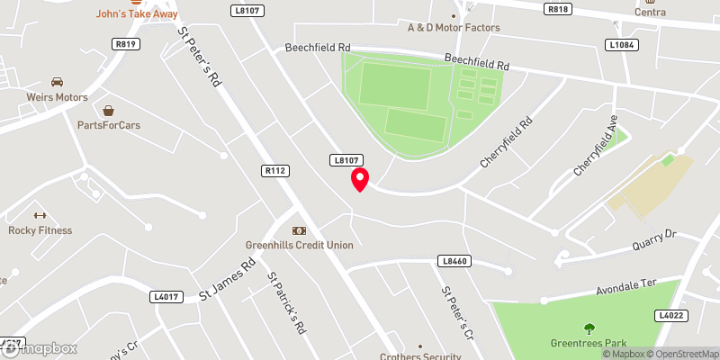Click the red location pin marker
tap(360, 179)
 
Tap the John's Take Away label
tap(137, 14)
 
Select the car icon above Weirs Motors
tap(58, 82)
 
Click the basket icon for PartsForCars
tap(109, 111)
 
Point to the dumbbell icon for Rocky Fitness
tap(39, 215)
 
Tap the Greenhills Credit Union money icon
tap(299, 230)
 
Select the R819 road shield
tap(124, 43)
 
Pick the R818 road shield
tap(558, 8)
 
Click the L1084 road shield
tap(621, 44)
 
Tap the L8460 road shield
tap(455, 261)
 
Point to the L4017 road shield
tap(167, 295)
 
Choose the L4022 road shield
tap(671, 315)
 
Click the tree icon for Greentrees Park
tap(589, 328)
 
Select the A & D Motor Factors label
tap(454, 28)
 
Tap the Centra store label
tap(650, 12)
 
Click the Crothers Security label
tap(419, 356)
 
